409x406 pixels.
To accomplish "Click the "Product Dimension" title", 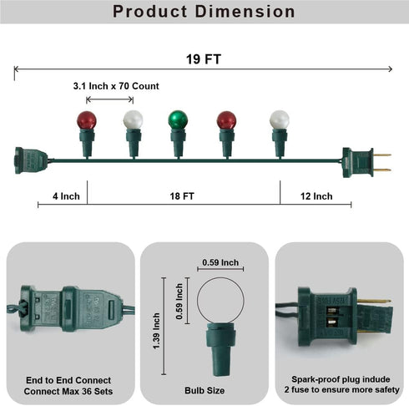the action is tap(204, 12).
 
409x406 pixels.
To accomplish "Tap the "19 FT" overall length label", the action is tap(204, 59).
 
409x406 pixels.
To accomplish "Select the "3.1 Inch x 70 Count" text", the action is tap(116, 86).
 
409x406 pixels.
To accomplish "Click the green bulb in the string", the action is tap(178, 119).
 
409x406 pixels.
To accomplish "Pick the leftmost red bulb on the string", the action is tap(87, 120).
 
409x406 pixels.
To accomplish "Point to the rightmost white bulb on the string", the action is tap(280, 119).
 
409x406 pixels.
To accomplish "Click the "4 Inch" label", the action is tap(66, 196).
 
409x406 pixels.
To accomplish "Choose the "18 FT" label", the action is tap(182, 196).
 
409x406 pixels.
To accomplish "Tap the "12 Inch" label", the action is tap(316, 196).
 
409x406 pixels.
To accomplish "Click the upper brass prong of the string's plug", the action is tap(382, 155).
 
